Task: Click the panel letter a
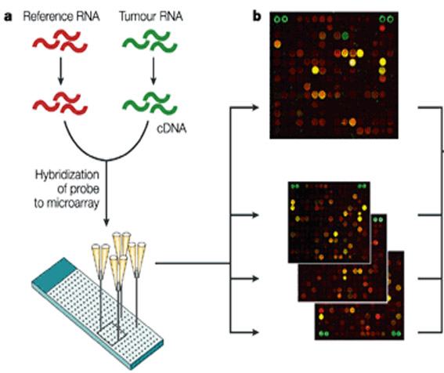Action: (8, 16)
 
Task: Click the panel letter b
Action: (257, 16)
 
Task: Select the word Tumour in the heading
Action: (135, 16)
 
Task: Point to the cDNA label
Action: (171, 129)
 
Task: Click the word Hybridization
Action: (67, 176)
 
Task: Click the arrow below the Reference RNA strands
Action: (60, 71)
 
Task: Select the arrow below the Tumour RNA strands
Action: (153, 71)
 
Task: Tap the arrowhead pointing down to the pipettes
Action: (106, 222)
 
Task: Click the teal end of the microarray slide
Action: (54, 274)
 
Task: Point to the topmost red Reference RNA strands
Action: (60, 42)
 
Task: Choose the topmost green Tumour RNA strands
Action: (150, 42)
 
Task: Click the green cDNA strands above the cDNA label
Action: (150, 103)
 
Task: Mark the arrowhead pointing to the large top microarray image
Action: (254, 107)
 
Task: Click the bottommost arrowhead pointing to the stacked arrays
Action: (254, 332)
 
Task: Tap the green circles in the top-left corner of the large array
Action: (281, 20)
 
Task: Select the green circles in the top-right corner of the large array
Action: (386, 20)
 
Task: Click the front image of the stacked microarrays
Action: (329, 223)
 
